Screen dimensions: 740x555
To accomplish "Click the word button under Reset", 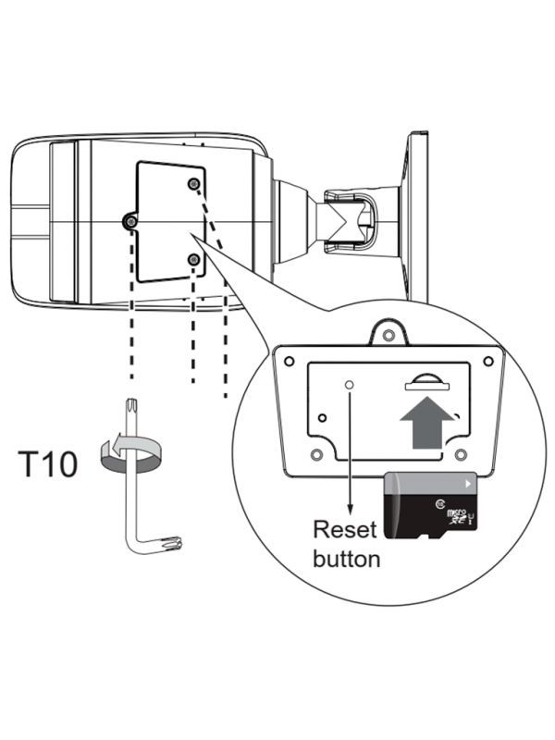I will pos(346,559).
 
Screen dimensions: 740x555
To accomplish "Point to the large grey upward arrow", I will pos(428,416).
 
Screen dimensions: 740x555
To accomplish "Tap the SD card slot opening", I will pos(427,379).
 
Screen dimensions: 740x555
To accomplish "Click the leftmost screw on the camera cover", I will pos(131,222).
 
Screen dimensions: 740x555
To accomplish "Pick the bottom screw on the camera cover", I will pos(192,260).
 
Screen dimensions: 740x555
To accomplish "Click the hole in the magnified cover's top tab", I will pos(389,331).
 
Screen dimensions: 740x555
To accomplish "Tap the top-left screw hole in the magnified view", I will pos(290,361).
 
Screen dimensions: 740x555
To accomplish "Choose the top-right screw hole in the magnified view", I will pos(487,361).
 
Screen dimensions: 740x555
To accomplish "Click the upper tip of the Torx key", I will pos(130,405).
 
